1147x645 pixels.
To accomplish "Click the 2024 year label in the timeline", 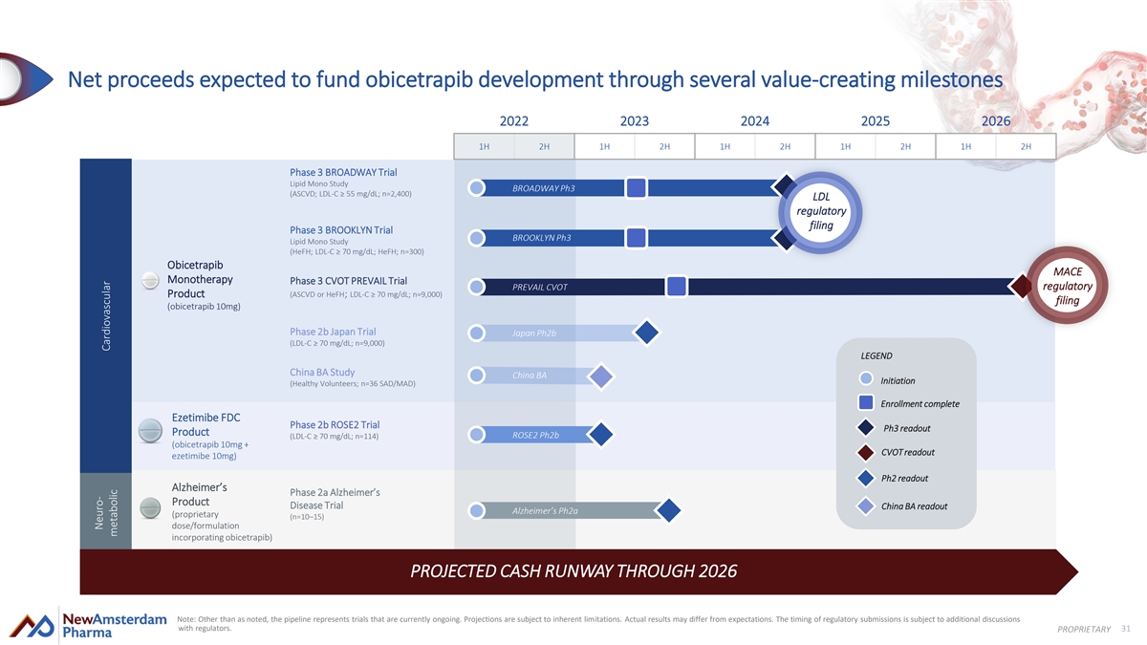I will point(755,121).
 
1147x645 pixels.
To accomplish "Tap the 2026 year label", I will point(995,121).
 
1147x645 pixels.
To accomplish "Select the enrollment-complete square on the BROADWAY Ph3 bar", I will point(637,187).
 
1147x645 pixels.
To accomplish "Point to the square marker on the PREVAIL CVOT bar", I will point(676,287).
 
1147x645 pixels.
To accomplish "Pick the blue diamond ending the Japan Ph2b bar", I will point(647,333).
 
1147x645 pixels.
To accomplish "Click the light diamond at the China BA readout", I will point(600,376).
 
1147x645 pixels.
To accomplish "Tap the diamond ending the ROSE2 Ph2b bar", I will point(601,435).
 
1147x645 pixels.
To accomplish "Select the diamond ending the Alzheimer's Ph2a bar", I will point(668,511).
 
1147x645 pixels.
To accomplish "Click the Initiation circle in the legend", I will point(866,379).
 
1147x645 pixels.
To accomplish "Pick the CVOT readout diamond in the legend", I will point(866,452).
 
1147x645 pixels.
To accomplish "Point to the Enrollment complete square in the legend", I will point(866,403).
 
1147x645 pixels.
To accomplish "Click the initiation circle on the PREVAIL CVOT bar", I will point(475,287).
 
